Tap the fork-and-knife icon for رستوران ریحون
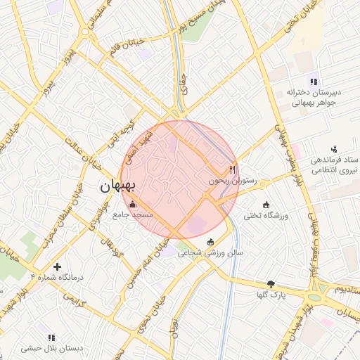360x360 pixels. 233,169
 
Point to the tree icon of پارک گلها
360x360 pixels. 271,284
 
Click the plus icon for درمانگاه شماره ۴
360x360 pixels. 57,266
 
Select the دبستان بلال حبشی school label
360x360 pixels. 51,348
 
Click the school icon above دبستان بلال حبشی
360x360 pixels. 51,337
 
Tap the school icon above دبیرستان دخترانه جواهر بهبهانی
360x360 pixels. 313,82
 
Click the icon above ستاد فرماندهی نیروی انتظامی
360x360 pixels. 334,149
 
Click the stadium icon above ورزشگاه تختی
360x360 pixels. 266,205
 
